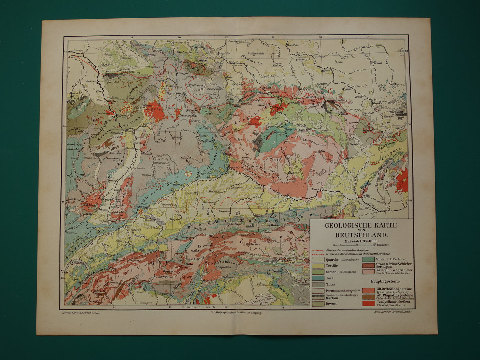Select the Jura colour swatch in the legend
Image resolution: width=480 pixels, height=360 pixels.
click(x=318, y=278)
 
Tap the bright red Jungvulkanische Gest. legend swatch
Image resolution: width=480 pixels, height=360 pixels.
click(x=369, y=303)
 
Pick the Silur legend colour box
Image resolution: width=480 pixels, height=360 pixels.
click(x=369, y=259)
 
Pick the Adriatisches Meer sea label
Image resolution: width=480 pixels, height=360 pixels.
click(x=270, y=301)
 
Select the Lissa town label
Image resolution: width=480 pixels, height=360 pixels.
click(x=338, y=62)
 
